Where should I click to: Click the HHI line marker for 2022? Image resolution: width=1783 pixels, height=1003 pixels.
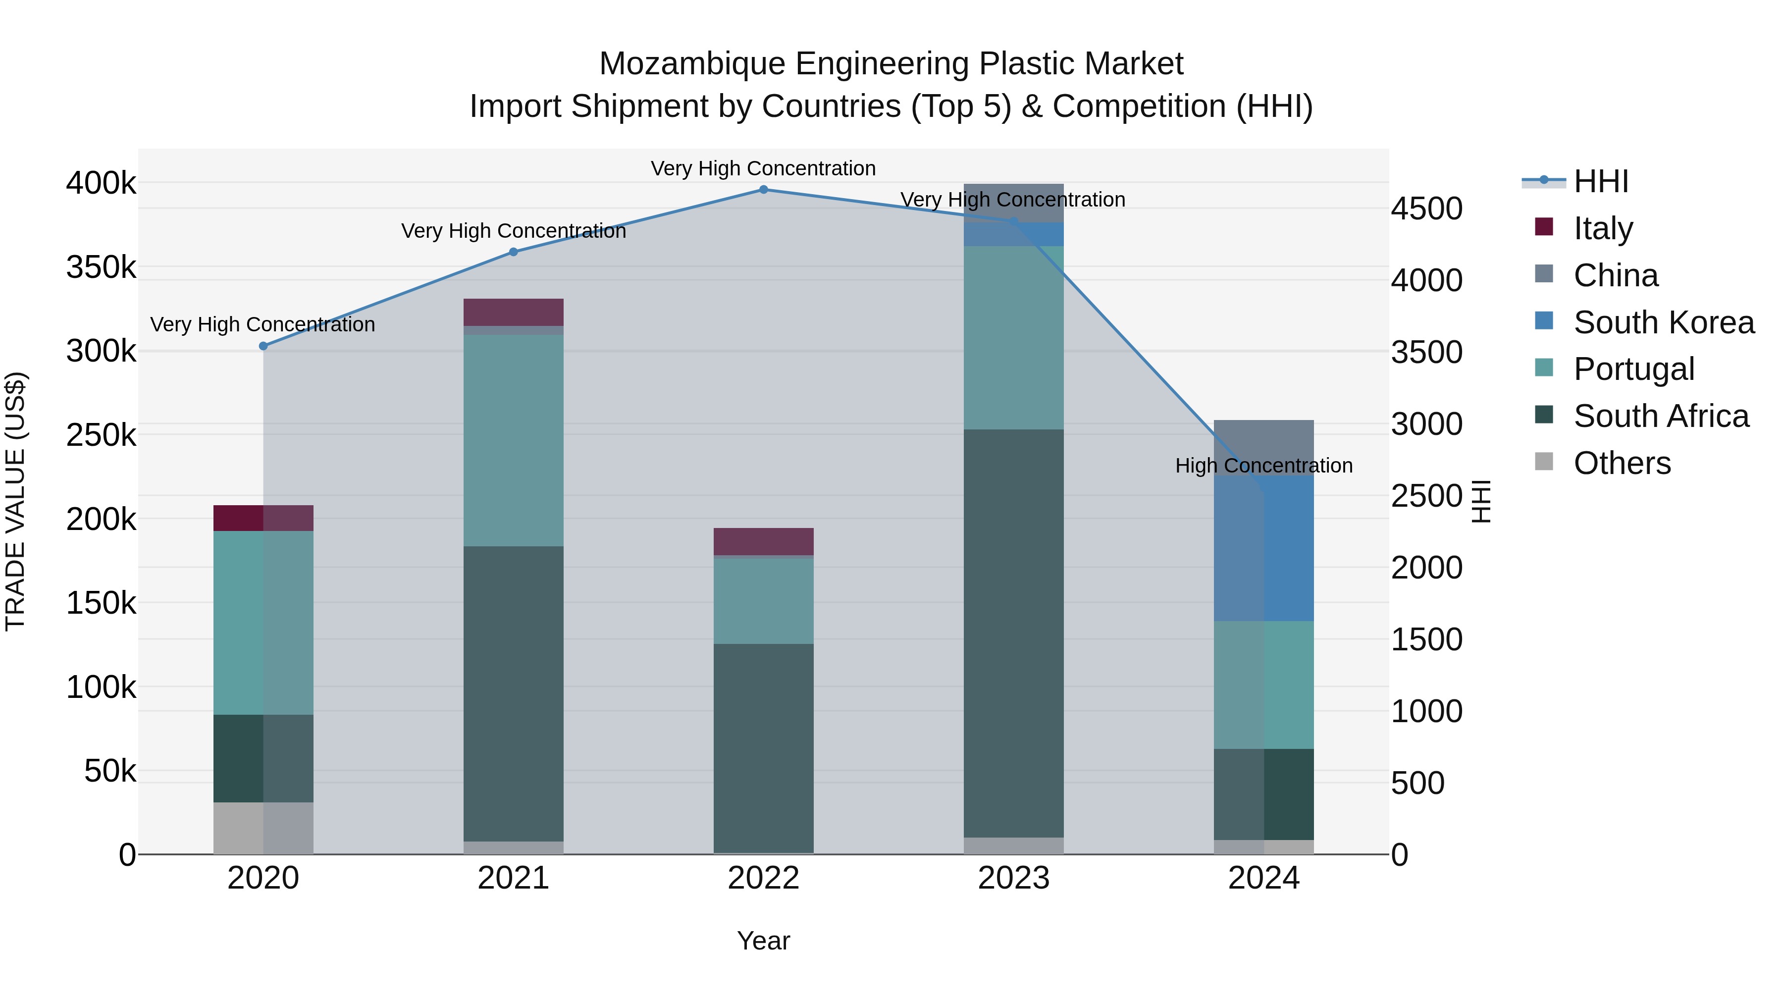[x=763, y=189]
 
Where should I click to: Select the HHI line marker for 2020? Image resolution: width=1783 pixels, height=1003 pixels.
[x=263, y=346]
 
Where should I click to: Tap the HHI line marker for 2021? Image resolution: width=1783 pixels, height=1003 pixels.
[x=514, y=252]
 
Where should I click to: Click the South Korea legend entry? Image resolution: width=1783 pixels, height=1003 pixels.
[x=1663, y=322]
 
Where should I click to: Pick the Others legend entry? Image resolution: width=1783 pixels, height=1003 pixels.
[x=1621, y=463]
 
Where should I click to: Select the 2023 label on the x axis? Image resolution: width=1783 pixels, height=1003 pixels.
[x=1013, y=878]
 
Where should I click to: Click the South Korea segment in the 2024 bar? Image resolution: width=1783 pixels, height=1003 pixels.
[x=1264, y=548]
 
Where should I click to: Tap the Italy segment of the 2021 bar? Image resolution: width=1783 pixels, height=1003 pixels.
[x=514, y=312]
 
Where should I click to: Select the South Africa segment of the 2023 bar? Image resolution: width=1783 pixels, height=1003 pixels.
[x=1013, y=633]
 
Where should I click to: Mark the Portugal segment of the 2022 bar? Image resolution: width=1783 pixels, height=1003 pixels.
[x=763, y=601]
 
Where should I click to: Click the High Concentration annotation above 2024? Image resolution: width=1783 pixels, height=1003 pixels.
[x=1264, y=466]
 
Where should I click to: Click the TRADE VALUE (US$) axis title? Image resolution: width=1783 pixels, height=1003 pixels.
[x=15, y=501]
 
